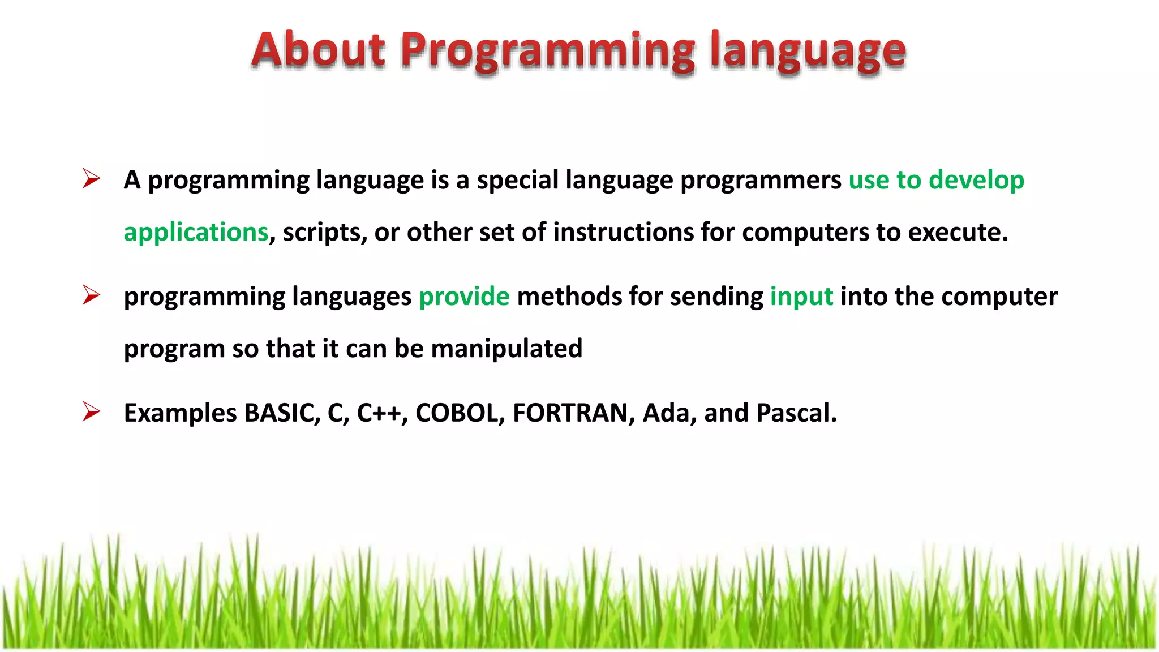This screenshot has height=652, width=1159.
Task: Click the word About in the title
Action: [x=319, y=50]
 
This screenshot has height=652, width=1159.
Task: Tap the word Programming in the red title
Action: [x=548, y=52]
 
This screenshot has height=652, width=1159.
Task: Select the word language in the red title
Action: [x=808, y=52]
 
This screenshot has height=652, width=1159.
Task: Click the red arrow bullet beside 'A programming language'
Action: [x=91, y=179]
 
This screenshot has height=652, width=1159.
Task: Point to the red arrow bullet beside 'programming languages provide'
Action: [x=91, y=295]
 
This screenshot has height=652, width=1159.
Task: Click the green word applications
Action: [x=196, y=233]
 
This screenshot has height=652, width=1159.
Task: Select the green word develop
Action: [x=976, y=181]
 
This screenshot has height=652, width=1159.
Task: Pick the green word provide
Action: [x=464, y=297]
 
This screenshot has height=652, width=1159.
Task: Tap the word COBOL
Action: [x=459, y=413]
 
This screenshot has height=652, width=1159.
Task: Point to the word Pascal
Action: [x=795, y=413]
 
